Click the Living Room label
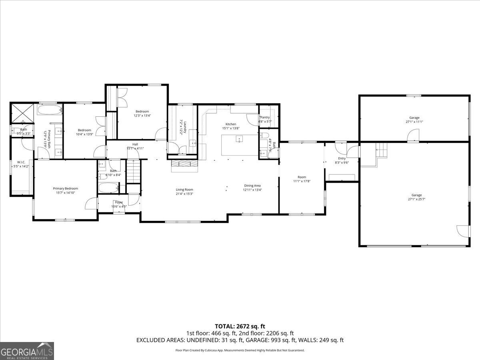coord(184,190)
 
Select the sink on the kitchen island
coord(239,139)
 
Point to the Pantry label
coord(265,117)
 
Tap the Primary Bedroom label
coord(66,188)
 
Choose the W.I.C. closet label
coord(21,162)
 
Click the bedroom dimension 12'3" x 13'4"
coord(142,116)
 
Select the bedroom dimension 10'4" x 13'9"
coord(84,134)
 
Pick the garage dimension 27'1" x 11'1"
coord(414,122)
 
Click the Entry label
coord(342,158)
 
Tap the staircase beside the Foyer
coord(134,171)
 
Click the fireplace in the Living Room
coord(184,163)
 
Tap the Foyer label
coord(119,202)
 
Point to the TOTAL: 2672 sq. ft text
coord(240,326)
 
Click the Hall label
coord(135,144)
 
